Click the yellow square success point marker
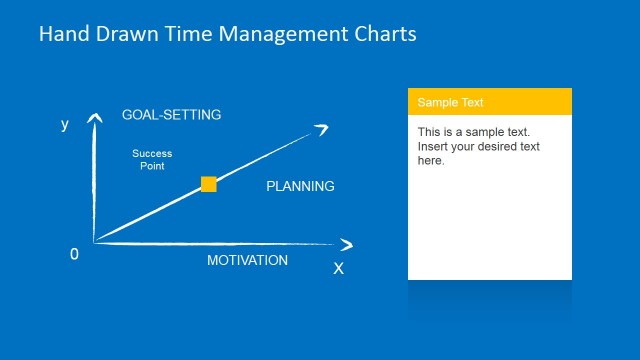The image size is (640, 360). [x=208, y=184]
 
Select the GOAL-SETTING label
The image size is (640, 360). [x=171, y=115]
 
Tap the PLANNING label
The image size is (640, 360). [x=300, y=186]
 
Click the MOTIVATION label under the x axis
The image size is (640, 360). [x=247, y=260]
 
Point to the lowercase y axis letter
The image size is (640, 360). [x=65, y=125]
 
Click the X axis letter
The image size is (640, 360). [x=338, y=268]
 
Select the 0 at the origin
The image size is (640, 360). [x=74, y=254]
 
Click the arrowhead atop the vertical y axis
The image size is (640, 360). [x=95, y=119]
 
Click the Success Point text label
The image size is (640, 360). [x=152, y=159]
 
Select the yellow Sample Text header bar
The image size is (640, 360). [x=489, y=102]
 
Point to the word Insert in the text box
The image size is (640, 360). [x=433, y=147]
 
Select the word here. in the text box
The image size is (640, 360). [x=431, y=161]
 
